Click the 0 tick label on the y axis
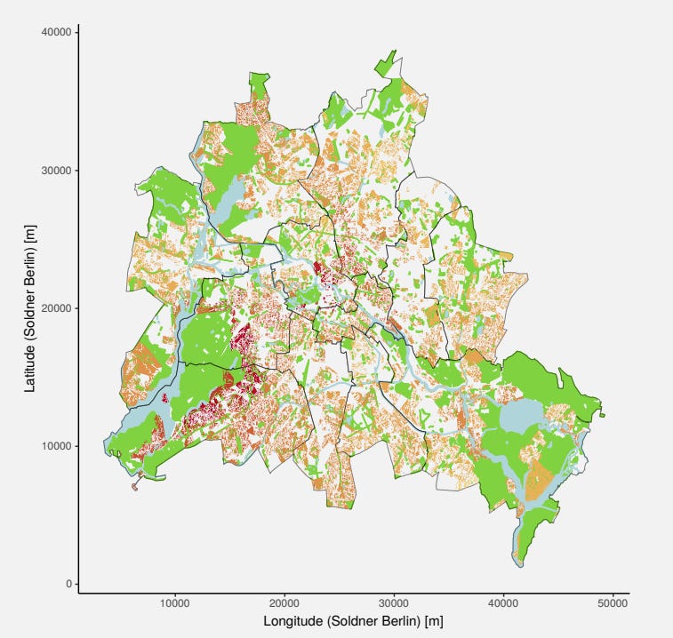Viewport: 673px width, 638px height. [x=67, y=584]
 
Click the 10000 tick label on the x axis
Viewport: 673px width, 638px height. [x=174, y=604]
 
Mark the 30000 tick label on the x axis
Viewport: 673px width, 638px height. [x=394, y=604]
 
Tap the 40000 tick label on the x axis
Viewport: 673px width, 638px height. [x=504, y=604]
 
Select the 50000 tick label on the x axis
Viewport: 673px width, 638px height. [x=613, y=604]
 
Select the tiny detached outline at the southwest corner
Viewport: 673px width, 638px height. [x=135, y=486]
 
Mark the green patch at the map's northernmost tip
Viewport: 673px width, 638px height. [x=388, y=63]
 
